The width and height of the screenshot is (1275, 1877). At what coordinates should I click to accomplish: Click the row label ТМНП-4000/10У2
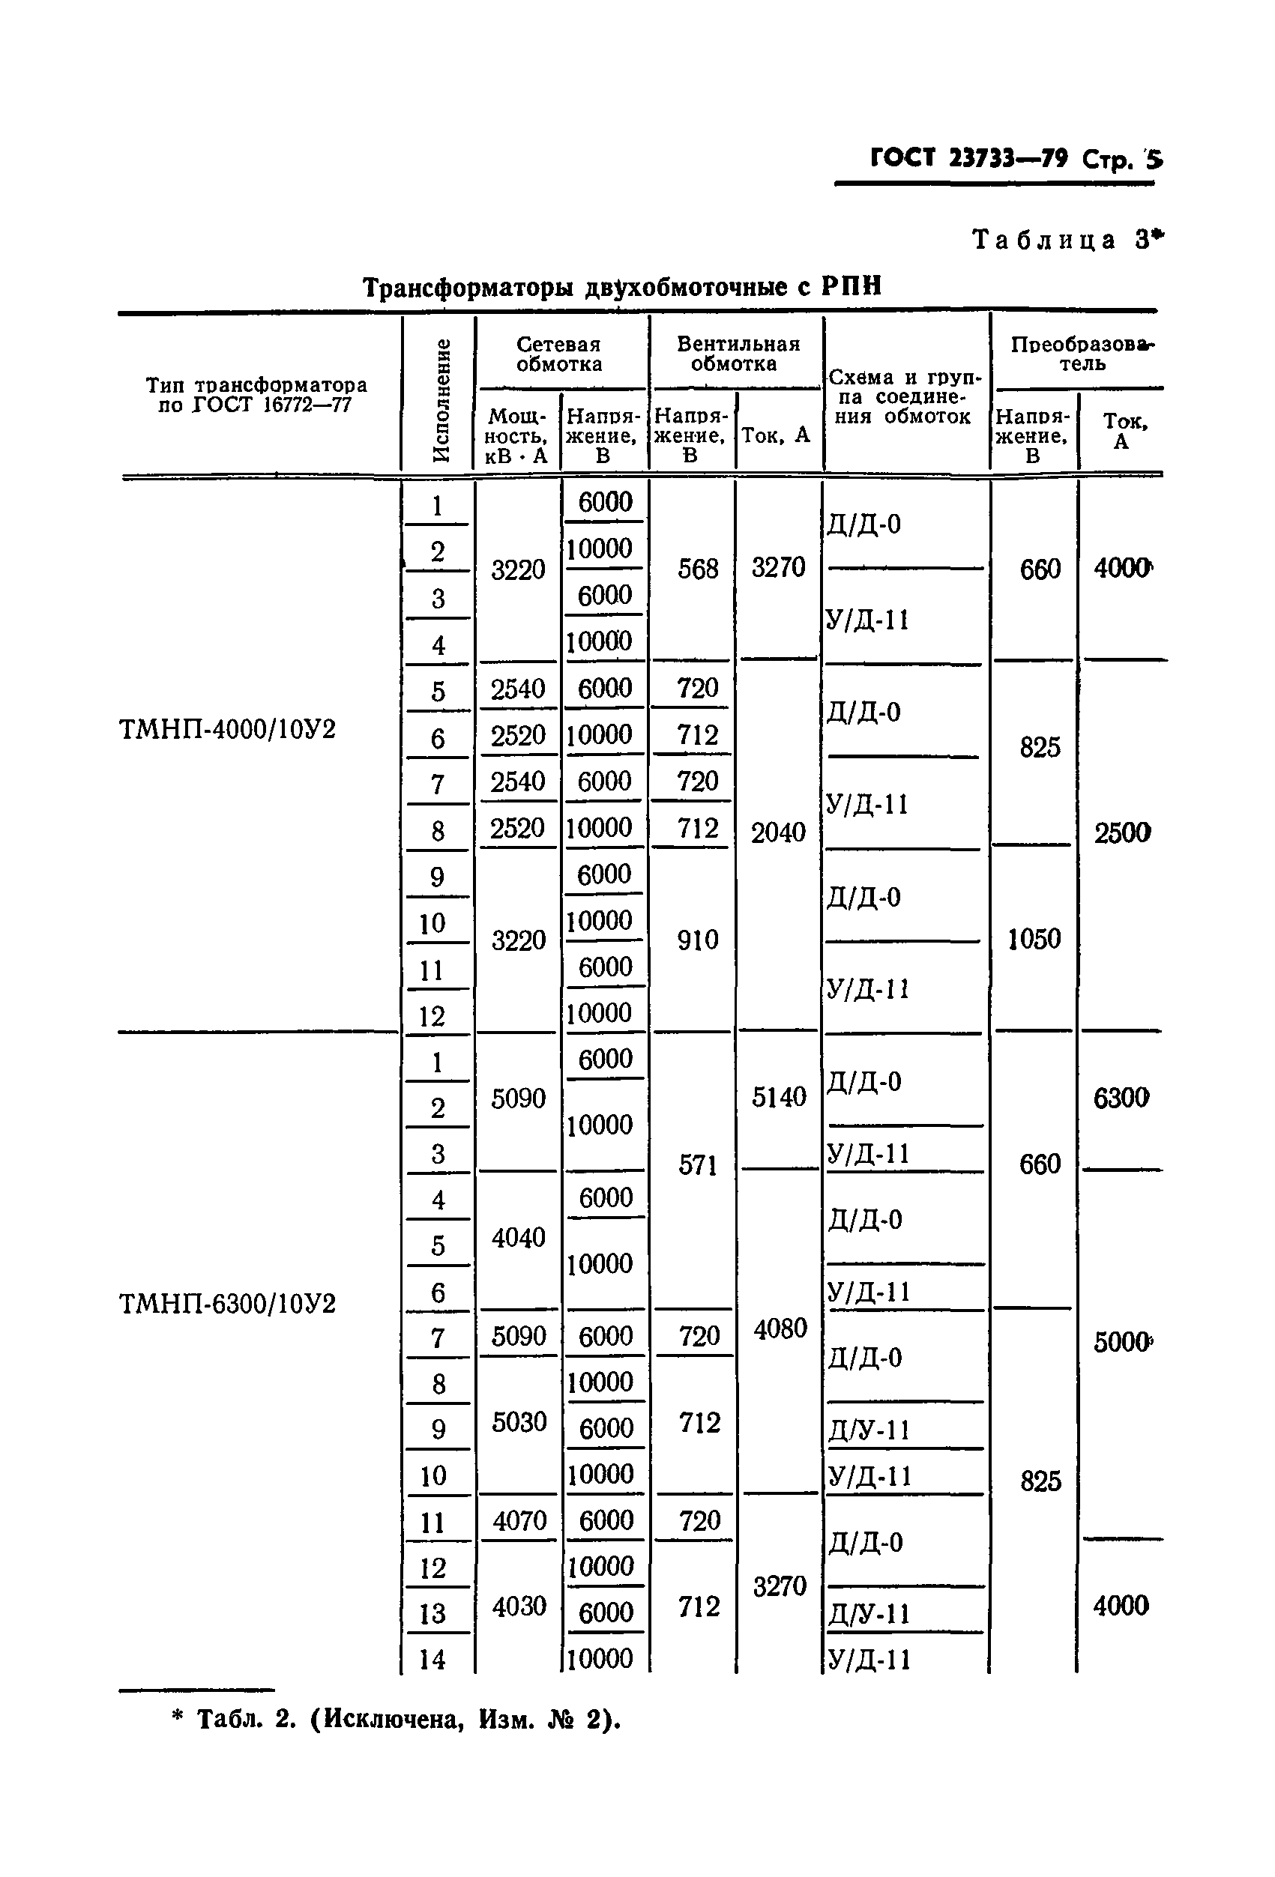[227, 729]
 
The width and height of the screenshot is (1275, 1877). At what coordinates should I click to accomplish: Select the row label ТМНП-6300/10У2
[227, 1304]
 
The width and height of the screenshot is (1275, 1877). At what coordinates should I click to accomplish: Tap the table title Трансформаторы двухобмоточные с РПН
[621, 287]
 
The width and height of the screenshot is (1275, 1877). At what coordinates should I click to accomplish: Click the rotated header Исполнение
[440, 400]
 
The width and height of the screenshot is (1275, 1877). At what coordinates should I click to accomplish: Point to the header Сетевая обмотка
[559, 354]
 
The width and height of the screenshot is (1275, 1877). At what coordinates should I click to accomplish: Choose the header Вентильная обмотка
[737, 354]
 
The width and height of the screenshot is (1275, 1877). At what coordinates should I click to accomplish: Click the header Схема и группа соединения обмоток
[905, 396]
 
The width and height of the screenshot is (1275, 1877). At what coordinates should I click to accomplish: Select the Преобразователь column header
[1082, 354]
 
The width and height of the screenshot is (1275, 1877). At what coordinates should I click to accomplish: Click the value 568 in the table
[698, 569]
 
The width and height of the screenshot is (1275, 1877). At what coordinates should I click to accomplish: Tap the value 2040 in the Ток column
[778, 832]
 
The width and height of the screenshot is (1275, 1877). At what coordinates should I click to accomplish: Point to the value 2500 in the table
[1121, 832]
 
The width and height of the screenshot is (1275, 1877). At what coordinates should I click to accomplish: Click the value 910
[698, 940]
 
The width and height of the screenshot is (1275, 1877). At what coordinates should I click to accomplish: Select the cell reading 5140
[779, 1097]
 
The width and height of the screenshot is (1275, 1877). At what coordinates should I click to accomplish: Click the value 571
[698, 1164]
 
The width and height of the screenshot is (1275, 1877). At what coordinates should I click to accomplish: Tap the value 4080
[780, 1329]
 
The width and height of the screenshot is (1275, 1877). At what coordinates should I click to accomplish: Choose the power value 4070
[519, 1521]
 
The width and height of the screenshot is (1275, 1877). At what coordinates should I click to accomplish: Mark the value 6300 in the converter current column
[1121, 1098]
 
